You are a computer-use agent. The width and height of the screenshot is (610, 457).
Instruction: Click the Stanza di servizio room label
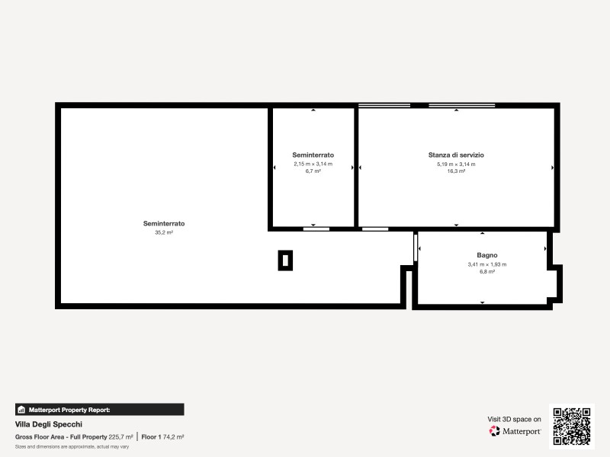[x=456, y=155]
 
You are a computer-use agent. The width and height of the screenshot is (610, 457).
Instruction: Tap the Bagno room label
[x=487, y=255]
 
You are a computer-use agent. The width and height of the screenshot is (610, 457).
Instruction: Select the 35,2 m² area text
[x=164, y=232]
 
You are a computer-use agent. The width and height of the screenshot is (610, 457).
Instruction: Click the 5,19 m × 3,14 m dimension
[x=456, y=164]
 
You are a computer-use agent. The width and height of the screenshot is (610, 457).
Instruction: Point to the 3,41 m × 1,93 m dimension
[x=487, y=264]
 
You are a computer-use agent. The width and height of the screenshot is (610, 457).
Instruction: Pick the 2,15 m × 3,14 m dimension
[x=313, y=164]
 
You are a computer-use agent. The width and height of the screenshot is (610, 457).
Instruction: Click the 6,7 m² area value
[x=313, y=171]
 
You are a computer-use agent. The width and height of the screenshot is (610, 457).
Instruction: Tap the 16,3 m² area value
[x=456, y=171]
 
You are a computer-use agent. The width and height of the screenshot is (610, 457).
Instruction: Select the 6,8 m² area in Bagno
[x=487, y=272]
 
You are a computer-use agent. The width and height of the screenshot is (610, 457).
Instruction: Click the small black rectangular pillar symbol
[x=285, y=260]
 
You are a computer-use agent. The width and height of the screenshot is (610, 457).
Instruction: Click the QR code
[x=571, y=427]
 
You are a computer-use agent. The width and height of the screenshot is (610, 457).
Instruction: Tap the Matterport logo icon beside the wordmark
[x=494, y=431]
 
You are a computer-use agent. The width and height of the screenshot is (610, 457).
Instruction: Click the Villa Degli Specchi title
[x=49, y=424]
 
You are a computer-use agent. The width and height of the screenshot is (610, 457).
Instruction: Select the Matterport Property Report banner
[x=100, y=410]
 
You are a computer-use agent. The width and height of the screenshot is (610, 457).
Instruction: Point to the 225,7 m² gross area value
[x=120, y=437]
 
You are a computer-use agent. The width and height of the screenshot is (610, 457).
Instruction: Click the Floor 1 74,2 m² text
[x=162, y=437]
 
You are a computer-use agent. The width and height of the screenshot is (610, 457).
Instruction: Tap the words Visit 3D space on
[x=514, y=420]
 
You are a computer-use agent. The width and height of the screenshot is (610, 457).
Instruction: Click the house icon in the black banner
[x=21, y=410]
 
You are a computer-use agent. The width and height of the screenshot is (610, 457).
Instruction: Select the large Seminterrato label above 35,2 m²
[x=164, y=223]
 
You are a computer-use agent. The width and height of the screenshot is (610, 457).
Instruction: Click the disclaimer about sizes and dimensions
[x=72, y=447]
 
